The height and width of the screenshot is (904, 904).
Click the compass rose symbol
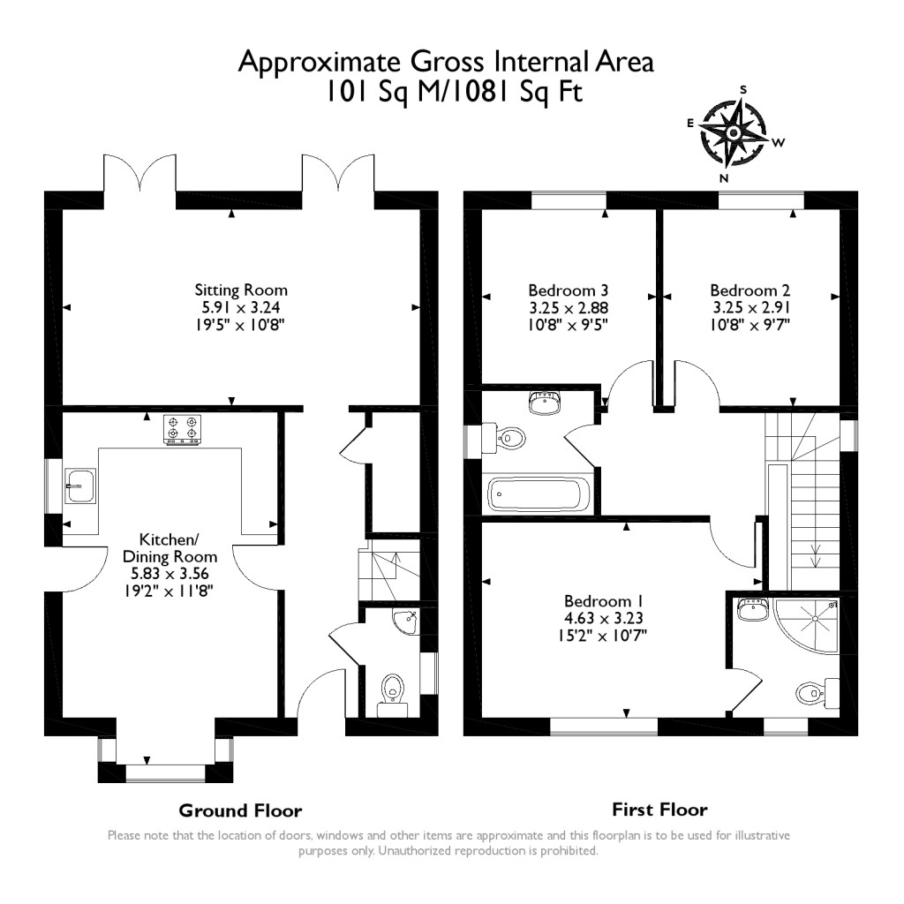pos(734,133)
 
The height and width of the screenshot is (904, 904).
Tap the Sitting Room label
pos(241,290)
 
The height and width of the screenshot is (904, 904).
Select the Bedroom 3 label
pos(569,290)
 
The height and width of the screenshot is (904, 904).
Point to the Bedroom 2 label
pos(750,290)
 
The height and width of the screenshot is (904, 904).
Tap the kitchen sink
pos(79,484)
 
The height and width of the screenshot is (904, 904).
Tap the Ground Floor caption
pos(240,810)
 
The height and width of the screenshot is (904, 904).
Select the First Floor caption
pos(659,809)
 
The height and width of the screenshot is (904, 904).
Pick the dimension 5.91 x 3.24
pos(241,307)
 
